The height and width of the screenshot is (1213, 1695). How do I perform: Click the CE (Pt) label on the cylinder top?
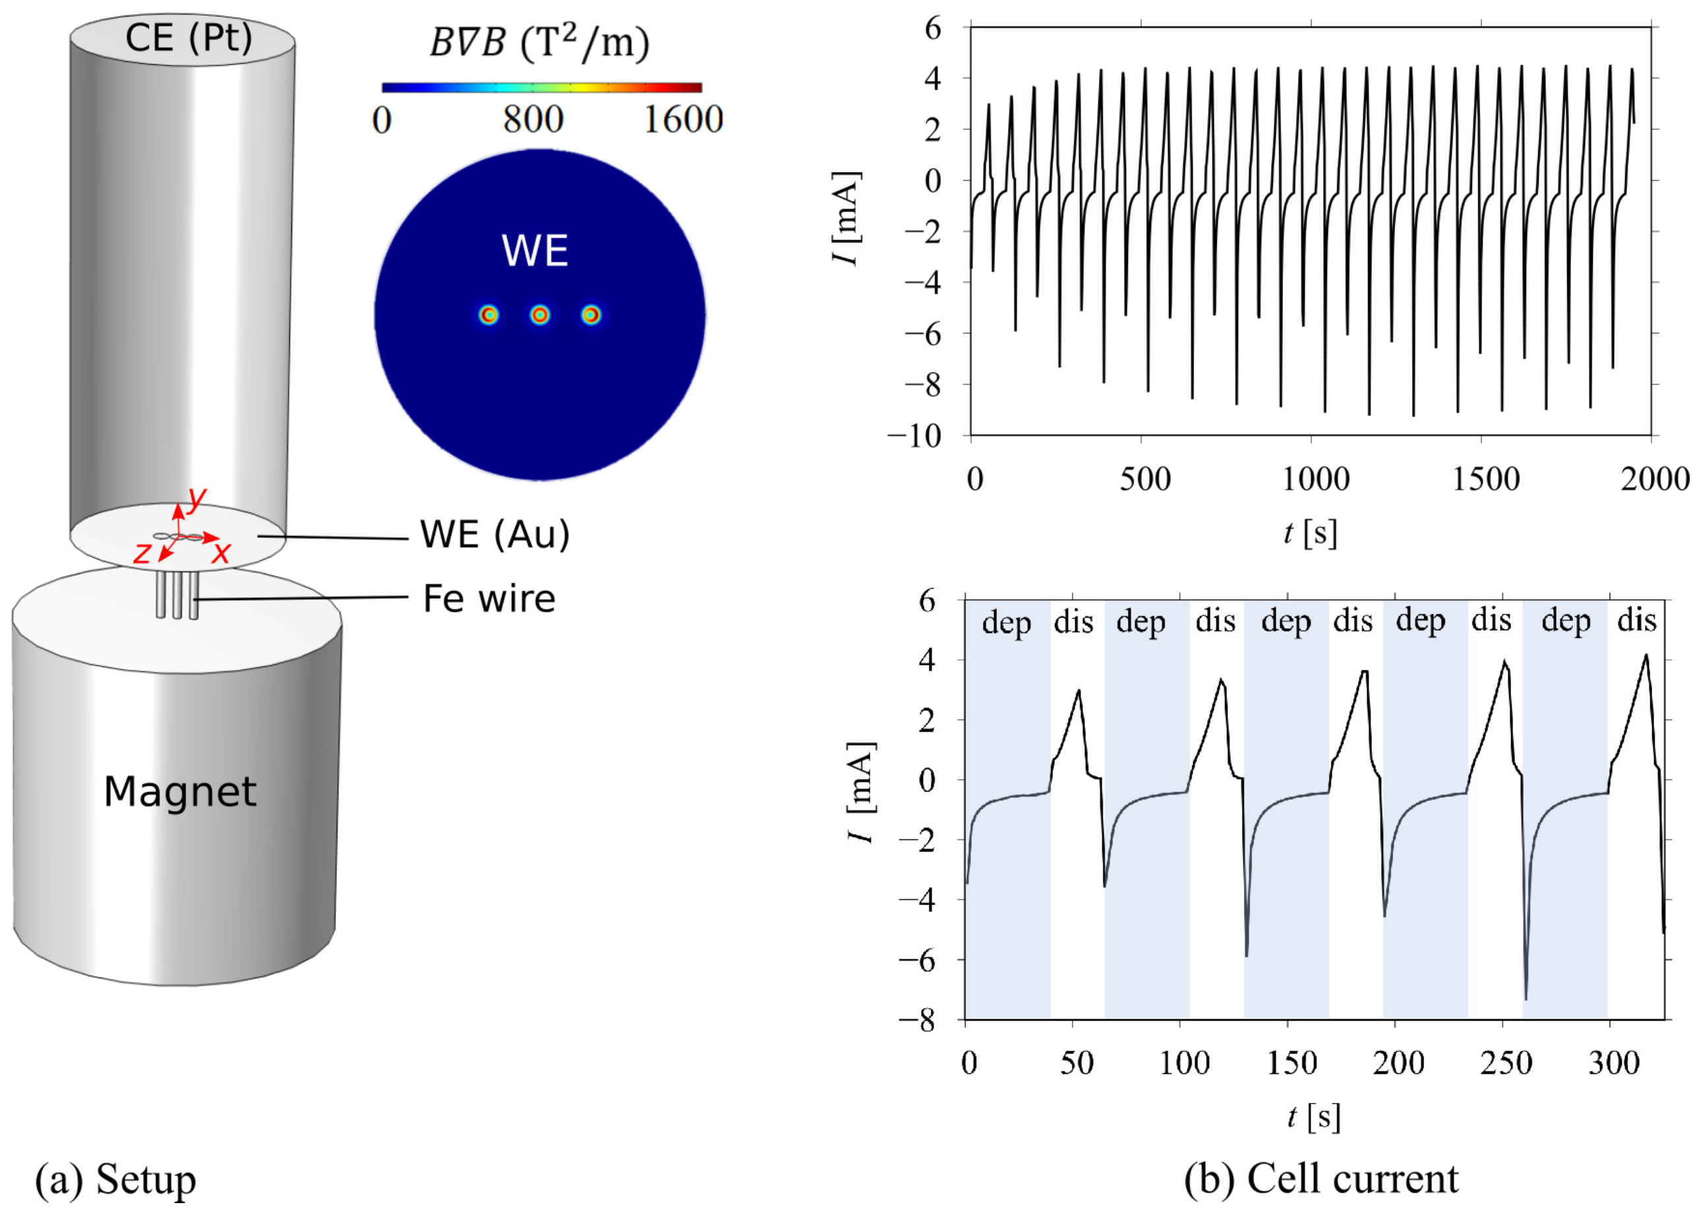click(189, 38)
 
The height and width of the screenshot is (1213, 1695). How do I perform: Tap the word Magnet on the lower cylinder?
click(180, 792)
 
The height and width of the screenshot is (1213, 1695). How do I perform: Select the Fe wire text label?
click(489, 599)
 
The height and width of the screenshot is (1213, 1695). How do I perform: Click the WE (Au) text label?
click(494, 535)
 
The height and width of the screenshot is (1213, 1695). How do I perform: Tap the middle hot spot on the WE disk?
click(540, 315)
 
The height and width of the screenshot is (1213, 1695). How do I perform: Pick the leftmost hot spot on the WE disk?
click(489, 315)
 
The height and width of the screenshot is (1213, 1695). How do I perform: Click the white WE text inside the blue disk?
click(535, 251)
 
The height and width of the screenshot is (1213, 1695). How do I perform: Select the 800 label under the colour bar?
click(533, 119)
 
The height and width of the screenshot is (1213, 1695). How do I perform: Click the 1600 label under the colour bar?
click(683, 119)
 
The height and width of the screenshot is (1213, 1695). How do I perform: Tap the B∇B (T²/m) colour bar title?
click(539, 44)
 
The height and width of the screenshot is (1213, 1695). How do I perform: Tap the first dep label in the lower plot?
click(1006, 622)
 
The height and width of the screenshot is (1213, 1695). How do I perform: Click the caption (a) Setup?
click(116, 1179)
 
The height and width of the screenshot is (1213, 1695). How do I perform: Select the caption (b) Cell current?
click(1321, 1179)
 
